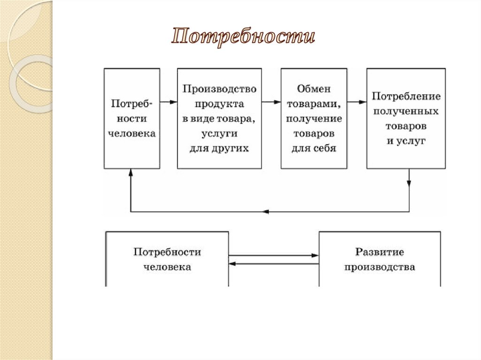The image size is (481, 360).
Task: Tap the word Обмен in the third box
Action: (x=314, y=89)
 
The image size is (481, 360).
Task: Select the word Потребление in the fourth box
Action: (x=406, y=97)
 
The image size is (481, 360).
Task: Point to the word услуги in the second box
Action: (x=219, y=134)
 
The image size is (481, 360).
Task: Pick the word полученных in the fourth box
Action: (x=406, y=112)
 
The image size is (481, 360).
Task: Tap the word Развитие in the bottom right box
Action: (x=380, y=252)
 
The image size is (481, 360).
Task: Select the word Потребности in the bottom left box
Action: (x=167, y=252)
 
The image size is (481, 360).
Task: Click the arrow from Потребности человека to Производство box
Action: (x=168, y=101)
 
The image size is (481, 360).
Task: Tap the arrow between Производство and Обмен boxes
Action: (x=271, y=101)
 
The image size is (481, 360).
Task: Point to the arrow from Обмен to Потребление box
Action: (x=357, y=101)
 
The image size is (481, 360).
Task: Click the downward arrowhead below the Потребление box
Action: (x=409, y=184)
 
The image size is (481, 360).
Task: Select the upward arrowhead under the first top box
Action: (x=131, y=173)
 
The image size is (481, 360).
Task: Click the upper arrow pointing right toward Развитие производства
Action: (x=274, y=255)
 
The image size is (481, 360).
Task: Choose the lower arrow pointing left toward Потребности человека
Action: (x=274, y=264)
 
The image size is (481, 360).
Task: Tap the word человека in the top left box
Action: (x=132, y=134)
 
